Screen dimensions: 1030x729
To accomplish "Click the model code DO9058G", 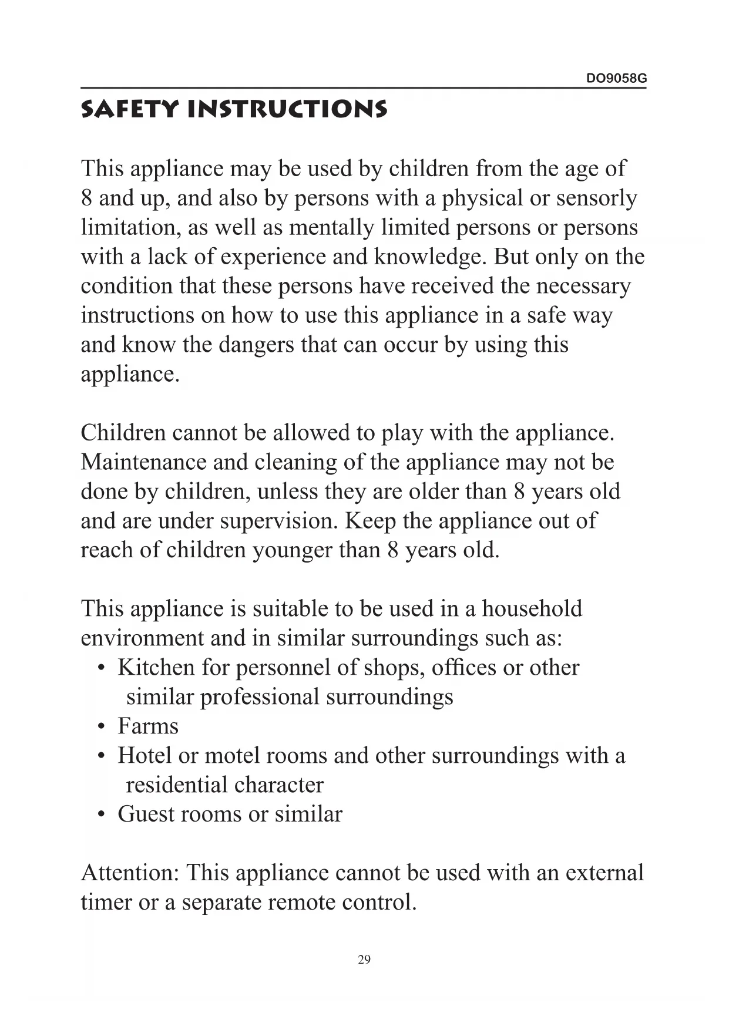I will point(616,79).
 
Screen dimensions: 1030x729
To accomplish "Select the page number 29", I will point(364,960).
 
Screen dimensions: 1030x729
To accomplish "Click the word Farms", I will point(148,726).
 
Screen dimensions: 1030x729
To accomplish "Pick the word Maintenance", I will point(143,462).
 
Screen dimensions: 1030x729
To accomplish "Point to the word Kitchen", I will point(156,668).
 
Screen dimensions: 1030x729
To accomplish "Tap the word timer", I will point(106,902).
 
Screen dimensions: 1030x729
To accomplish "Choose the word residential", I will point(168,785).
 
